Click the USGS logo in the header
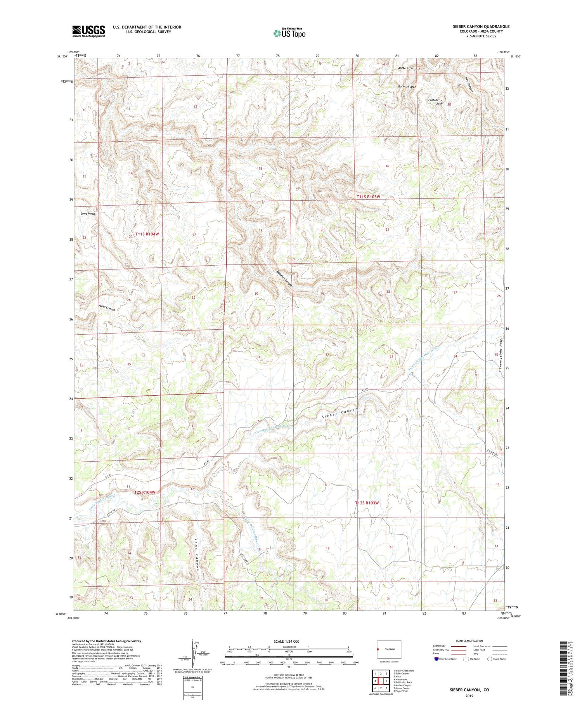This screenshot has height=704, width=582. (88, 31)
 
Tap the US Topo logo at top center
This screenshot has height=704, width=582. (289, 33)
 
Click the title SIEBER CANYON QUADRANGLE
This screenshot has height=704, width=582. (481, 26)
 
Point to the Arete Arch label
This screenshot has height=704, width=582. (405, 68)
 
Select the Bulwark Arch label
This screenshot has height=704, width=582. (407, 87)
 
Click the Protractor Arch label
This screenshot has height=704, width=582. (435, 102)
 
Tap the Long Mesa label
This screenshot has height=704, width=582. (88, 214)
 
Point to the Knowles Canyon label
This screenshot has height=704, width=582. (284, 278)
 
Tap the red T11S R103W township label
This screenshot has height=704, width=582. (368, 197)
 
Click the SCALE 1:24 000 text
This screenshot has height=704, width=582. (286, 641)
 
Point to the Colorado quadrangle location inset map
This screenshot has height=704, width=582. (389, 649)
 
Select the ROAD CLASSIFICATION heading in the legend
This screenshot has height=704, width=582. (469, 641)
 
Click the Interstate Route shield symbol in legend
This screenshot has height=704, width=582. (437, 659)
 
